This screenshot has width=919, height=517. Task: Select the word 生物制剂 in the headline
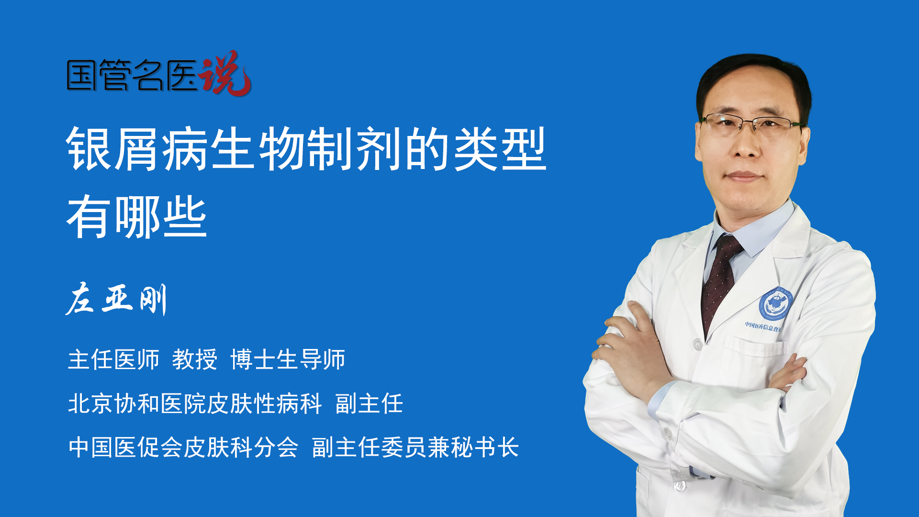tap(306, 149)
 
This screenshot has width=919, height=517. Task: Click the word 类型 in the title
tap(500, 149)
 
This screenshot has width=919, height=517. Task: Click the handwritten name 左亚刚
tap(116, 299)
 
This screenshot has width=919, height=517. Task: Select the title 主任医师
tap(113, 360)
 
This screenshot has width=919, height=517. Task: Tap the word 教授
tap(195, 360)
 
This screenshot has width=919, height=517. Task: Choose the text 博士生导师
tap(288, 360)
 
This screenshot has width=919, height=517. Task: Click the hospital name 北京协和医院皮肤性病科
tap(195, 404)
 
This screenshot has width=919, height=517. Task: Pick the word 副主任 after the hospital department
tap(369, 404)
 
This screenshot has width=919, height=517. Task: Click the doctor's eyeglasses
tap(751, 124)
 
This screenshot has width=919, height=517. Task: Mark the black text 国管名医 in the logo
tap(132, 75)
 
